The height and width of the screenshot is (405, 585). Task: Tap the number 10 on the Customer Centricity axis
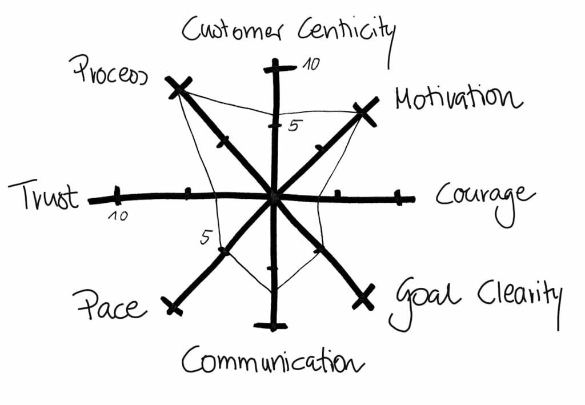coord(311,65)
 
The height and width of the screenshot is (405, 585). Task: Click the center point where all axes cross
coord(274,197)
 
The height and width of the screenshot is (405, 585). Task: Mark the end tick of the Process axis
coord(178,87)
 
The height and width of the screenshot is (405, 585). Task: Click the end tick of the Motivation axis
coord(364,114)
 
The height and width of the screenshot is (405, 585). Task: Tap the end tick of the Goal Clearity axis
coord(363,298)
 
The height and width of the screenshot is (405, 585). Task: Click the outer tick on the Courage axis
coord(399,199)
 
